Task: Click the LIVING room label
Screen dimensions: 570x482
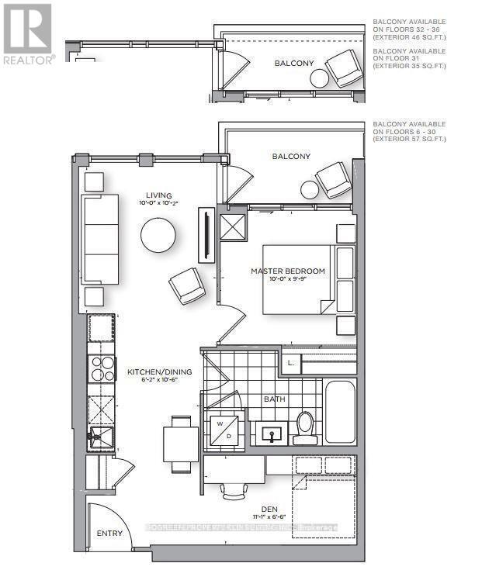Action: click(158, 195)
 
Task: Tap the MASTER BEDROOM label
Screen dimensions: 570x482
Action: click(287, 271)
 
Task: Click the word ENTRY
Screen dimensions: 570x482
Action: click(109, 534)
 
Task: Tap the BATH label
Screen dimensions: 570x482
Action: click(274, 399)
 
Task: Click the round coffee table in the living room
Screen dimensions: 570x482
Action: click(158, 235)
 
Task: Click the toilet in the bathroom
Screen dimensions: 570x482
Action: click(304, 427)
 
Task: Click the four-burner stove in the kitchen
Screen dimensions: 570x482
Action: click(102, 368)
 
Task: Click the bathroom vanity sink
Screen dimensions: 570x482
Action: click(272, 432)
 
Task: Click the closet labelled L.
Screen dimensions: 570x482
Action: click(291, 362)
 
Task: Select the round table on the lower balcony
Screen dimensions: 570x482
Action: click(310, 189)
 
